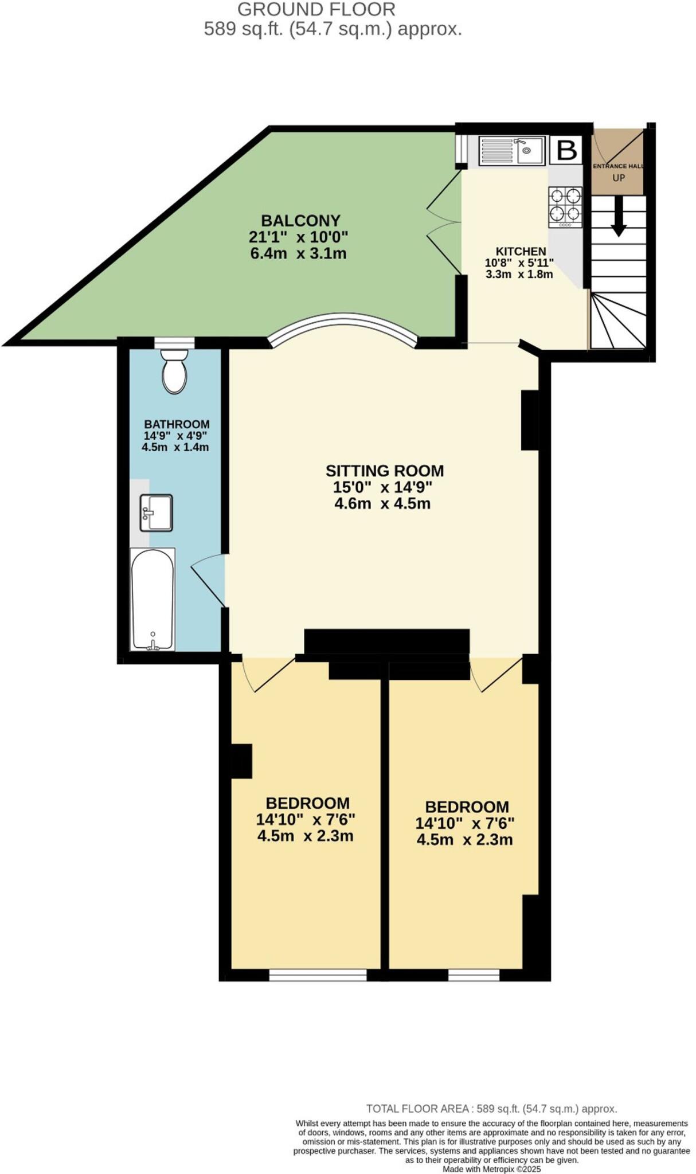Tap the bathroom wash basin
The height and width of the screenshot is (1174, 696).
point(156,512)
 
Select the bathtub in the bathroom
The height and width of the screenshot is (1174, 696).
point(153,599)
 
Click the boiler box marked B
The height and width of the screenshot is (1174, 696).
point(566,151)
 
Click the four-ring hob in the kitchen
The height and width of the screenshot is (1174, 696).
point(565,206)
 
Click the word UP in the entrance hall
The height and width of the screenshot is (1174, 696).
point(619,178)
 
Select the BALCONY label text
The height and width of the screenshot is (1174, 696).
point(300,221)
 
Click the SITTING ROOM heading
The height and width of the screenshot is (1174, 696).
point(385,471)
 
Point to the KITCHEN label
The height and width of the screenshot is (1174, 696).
point(521,251)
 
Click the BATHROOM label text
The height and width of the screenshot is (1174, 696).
point(177,424)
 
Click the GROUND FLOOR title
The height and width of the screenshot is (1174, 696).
point(316,10)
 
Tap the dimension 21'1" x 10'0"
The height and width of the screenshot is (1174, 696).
point(299,237)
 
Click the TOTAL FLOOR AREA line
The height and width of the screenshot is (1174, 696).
point(491,1109)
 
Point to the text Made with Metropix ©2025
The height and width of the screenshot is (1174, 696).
point(491,1169)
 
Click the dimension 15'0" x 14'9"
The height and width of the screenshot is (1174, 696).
point(382,487)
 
